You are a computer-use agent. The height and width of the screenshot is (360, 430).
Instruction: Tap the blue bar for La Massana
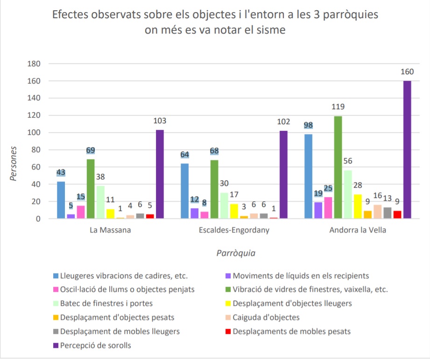click(x=61, y=200)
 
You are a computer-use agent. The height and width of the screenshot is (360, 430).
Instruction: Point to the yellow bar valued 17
click(x=234, y=211)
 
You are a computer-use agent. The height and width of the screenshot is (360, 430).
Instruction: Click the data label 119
click(x=338, y=106)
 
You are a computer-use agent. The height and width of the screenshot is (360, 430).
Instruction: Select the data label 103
click(x=160, y=120)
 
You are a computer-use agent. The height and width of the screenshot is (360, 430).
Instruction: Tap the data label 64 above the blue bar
click(x=184, y=154)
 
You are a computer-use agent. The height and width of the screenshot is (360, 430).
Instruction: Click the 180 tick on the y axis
click(x=35, y=64)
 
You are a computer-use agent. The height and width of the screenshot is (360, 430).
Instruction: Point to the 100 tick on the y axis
click(x=35, y=133)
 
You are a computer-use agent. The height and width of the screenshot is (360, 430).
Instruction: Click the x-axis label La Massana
click(x=110, y=231)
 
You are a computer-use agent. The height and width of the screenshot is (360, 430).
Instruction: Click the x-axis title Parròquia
click(x=236, y=253)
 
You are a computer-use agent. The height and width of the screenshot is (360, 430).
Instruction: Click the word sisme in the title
click(x=268, y=29)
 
